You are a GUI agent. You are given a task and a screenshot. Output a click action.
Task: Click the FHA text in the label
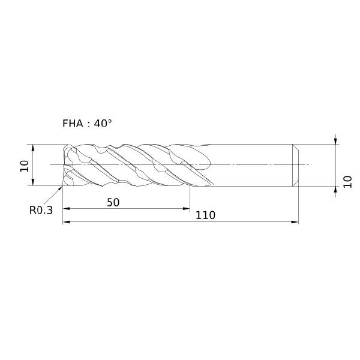[x=73, y=124]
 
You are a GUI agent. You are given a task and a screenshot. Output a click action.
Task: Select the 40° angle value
[x=103, y=123]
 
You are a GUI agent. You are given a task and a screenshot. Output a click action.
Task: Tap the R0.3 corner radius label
[x=41, y=210]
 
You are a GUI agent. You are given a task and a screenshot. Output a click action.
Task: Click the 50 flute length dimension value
[x=113, y=203]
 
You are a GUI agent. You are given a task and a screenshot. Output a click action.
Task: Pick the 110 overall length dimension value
[x=205, y=215]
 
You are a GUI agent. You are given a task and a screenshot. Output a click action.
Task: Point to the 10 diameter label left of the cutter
[x=25, y=166]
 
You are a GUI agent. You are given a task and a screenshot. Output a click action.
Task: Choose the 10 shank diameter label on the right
[x=347, y=182]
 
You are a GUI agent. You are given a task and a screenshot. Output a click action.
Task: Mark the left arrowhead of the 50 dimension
[x=66, y=208]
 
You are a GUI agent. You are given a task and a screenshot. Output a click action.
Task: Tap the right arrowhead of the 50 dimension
[x=187, y=208]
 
